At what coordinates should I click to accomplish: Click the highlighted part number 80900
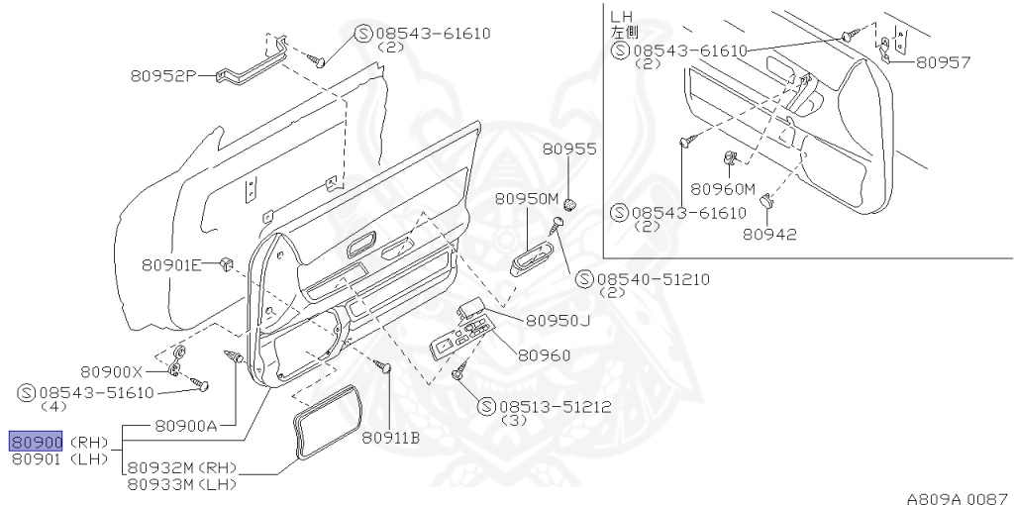pos(37,442)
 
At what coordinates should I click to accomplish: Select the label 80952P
pos(164,74)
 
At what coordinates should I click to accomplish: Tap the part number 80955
pos(569,150)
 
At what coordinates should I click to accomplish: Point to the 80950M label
pos(528,198)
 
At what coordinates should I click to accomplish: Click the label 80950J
pos(558,320)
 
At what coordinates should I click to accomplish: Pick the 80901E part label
pos(171,264)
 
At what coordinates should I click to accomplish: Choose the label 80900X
pos(112,371)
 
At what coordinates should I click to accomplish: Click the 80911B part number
pos(390,437)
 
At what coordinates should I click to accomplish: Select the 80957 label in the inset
pos(943,61)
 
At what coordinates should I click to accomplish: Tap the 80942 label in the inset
pos(770,234)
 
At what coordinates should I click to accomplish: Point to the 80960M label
pos(723,189)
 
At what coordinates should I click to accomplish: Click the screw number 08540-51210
pos(655,279)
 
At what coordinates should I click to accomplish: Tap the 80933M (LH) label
pos(188,483)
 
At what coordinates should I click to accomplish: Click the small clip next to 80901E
pos(226,263)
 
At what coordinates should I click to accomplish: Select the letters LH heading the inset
pos(621,17)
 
